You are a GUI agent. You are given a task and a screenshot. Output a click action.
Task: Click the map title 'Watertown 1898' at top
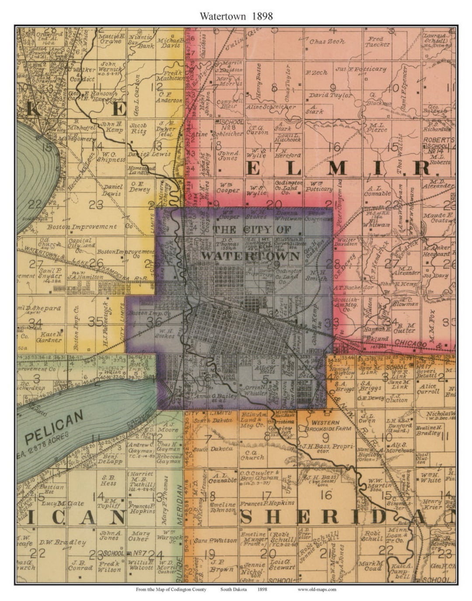(x=236, y=16)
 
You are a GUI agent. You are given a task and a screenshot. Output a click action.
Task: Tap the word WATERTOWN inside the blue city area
(x=251, y=256)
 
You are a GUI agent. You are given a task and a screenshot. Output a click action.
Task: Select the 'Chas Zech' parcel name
(x=327, y=41)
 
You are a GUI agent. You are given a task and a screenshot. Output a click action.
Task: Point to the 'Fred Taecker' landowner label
(x=378, y=42)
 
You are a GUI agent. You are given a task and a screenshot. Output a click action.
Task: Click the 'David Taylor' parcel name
(x=330, y=95)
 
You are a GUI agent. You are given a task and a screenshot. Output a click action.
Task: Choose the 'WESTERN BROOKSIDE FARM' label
(x=325, y=426)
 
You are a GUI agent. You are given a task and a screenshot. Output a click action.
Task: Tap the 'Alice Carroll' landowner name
(x=427, y=389)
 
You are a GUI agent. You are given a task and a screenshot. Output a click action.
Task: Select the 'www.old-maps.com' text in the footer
(x=317, y=589)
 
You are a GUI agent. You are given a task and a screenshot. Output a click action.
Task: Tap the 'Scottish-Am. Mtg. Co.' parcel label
(x=347, y=304)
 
